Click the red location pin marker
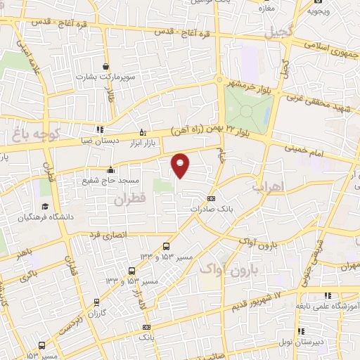tap(181, 165)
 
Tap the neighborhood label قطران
tap(131, 200)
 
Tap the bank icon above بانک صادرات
tap(212, 198)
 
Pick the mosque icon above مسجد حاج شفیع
tap(111, 169)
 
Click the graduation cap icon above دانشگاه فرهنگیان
tap(46, 207)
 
